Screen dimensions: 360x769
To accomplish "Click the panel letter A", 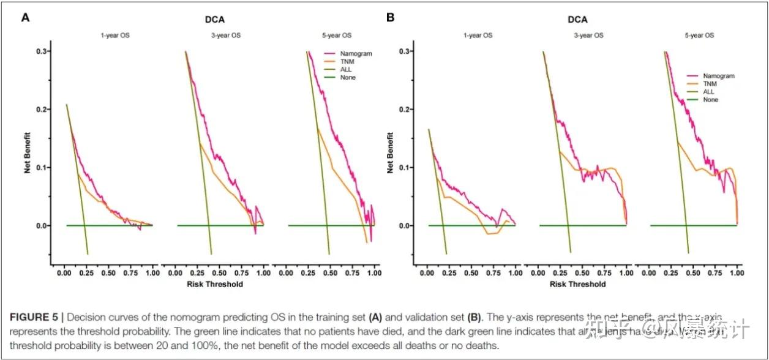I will tap(26, 18).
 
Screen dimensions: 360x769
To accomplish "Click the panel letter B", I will tap(390, 18).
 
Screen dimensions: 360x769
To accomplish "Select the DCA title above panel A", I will tap(214, 19).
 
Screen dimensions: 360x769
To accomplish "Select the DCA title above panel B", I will tap(577, 19).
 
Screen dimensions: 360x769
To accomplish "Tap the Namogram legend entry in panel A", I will tap(358, 53).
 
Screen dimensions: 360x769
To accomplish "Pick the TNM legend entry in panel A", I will tap(348, 61).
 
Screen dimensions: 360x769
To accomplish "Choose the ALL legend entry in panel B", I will tap(709, 92).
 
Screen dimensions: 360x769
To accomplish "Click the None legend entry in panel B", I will tap(711, 100).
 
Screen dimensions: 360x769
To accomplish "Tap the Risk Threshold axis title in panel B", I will tap(577, 284).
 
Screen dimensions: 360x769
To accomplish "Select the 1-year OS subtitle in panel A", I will tap(115, 36).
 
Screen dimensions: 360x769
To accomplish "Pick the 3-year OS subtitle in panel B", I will tap(588, 36).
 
